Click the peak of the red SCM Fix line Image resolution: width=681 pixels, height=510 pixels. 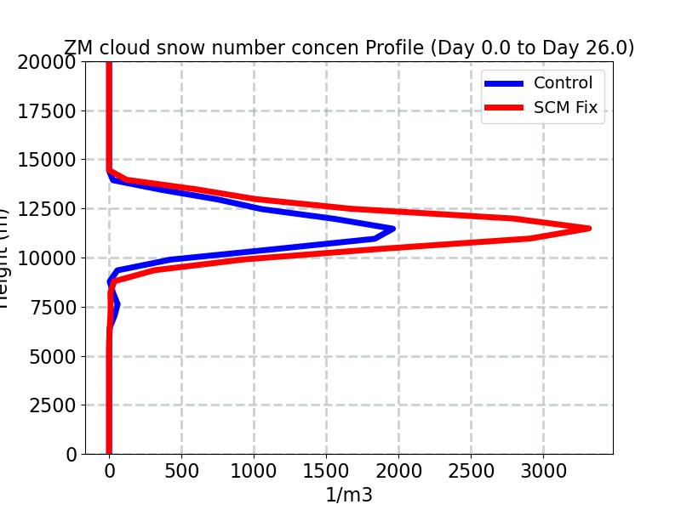point(588,228)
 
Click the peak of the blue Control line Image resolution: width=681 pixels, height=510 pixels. point(392,228)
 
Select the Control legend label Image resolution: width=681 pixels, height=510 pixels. point(563,82)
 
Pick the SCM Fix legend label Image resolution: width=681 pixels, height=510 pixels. point(565,108)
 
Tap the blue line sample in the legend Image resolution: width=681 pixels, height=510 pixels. point(504,83)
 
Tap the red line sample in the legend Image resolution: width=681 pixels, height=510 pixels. point(504,108)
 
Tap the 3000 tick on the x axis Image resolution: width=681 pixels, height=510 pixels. point(543,470)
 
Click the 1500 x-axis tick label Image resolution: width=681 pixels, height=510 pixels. point(326,470)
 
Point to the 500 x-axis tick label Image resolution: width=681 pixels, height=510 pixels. point(181,470)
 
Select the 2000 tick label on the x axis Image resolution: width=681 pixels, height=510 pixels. point(398,470)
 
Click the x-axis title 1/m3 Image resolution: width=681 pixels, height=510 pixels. point(349,495)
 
